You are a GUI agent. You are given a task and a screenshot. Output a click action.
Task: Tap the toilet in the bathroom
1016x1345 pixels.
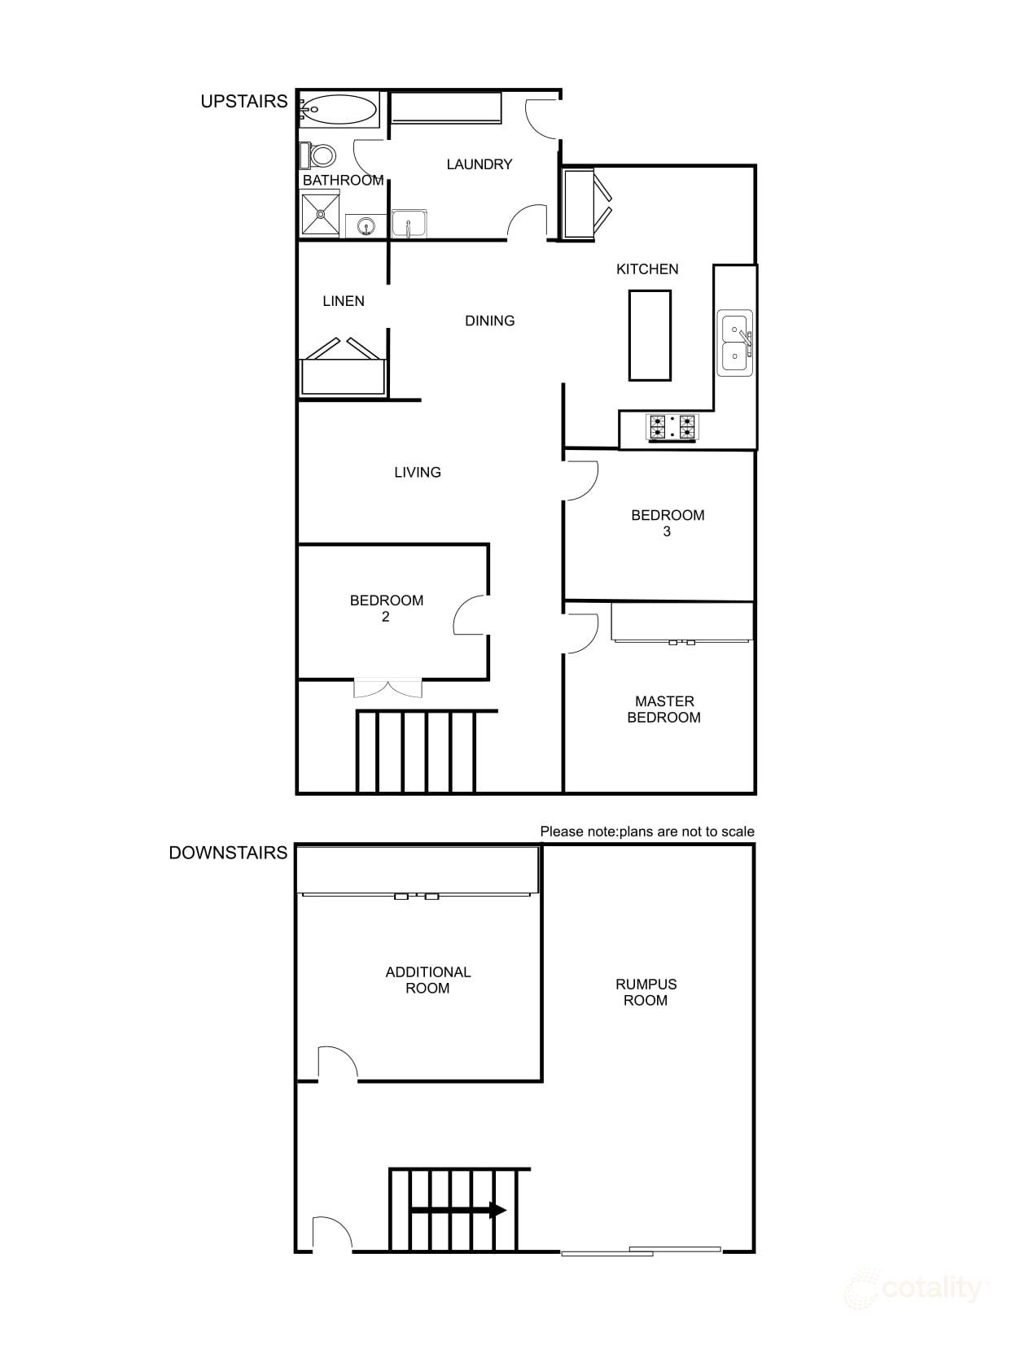321,155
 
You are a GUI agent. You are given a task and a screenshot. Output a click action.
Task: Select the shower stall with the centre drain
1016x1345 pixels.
320,214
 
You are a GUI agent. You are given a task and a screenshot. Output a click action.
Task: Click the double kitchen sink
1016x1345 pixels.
734,343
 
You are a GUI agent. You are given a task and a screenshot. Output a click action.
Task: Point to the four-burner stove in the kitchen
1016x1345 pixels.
672,427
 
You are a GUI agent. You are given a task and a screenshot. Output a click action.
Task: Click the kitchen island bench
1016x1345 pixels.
650,335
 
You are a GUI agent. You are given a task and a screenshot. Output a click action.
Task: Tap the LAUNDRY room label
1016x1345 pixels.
480,164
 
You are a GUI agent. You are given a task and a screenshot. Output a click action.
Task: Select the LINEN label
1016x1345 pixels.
344,301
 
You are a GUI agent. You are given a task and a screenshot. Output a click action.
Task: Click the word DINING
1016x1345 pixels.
490,321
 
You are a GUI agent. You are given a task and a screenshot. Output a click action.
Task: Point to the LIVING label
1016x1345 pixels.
418,472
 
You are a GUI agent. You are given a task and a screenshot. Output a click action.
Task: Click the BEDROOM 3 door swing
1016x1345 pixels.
581,481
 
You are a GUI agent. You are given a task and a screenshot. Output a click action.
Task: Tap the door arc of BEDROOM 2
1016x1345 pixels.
471,616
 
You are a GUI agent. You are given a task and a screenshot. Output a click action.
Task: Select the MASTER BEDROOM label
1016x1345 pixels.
664,710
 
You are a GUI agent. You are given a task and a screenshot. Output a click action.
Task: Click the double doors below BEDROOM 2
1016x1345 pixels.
389,688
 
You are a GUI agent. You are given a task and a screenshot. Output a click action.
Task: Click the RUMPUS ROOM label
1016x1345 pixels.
646,992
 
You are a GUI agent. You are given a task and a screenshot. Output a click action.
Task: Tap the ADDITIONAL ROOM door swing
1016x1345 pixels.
336,1063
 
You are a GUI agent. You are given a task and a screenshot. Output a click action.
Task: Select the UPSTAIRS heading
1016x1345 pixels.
244,102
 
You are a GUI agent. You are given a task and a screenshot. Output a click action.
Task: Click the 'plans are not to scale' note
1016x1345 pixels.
647,832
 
